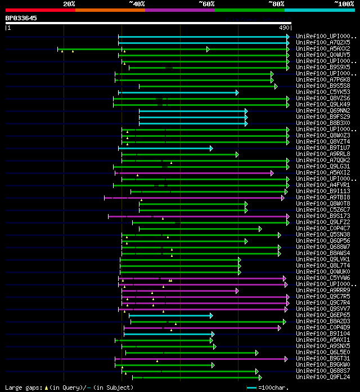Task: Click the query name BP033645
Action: (x=21, y=18)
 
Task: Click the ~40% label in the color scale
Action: (x=137, y=3)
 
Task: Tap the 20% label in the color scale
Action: (x=69, y=3)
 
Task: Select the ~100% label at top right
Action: (x=344, y=3)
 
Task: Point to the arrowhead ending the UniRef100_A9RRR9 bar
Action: (x=237, y=291)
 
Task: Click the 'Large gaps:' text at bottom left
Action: (x=22, y=387)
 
